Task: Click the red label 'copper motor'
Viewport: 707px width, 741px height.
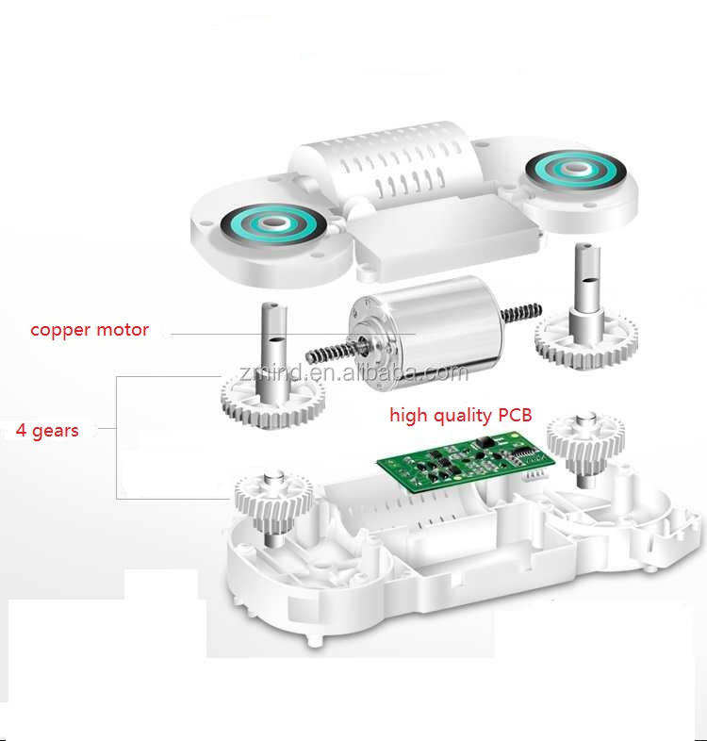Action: pos(90,330)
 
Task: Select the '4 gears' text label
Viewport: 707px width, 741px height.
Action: pos(47,431)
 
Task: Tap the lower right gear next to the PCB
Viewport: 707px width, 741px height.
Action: pos(585,437)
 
